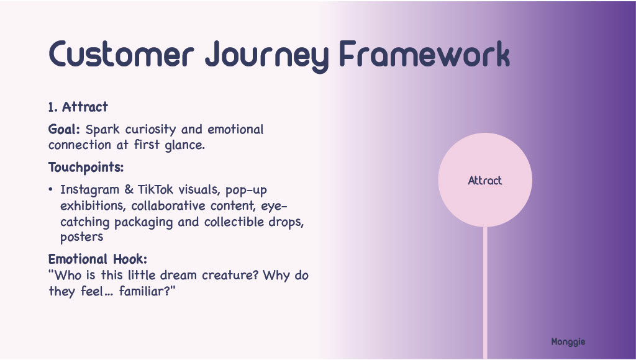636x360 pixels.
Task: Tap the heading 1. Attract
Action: [x=78, y=107]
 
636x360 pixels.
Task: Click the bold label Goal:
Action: [x=65, y=130]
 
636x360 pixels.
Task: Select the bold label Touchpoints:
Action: [x=86, y=168]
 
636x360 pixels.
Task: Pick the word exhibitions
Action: [x=93, y=206]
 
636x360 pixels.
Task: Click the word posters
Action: [x=81, y=237]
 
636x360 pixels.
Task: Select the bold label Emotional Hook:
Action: [x=98, y=259]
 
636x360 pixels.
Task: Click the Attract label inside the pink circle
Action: [x=485, y=181]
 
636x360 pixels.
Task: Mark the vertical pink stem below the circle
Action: [x=485, y=292]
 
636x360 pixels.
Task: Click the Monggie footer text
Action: [x=568, y=341]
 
